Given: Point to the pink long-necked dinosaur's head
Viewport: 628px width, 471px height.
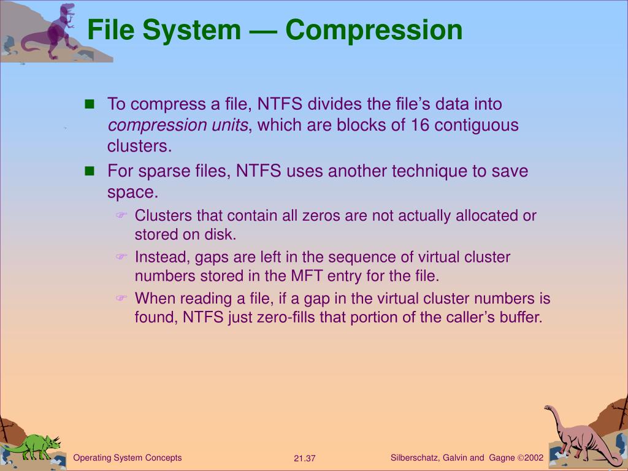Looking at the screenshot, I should point(549,408).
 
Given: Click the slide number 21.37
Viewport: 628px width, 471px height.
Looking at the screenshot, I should point(304,459).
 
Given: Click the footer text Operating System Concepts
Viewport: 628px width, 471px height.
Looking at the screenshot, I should point(128,458).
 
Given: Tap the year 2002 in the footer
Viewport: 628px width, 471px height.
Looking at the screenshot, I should point(534,458).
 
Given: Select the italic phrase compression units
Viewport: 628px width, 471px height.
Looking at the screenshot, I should point(178,126).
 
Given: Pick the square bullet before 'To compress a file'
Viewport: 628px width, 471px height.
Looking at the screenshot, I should point(90,104).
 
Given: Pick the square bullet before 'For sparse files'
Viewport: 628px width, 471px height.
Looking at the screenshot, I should point(90,171).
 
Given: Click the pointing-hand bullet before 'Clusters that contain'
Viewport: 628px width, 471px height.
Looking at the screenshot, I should point(121,215).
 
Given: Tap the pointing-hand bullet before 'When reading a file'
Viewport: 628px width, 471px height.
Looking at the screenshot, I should point(121,298).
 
